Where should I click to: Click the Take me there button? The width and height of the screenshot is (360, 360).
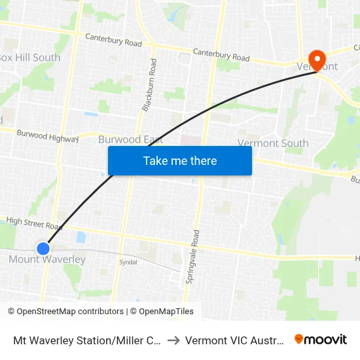point(179,161)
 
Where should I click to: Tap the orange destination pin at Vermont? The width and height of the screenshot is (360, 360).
point(316,61)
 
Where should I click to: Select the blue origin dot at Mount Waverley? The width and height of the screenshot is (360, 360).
point(43,249)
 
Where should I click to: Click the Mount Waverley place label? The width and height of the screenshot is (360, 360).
point(47,260)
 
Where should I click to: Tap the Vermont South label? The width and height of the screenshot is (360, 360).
point(273,143)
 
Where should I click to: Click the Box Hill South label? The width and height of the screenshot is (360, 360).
point(30,58)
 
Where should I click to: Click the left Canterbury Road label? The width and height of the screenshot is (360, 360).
point(113,40)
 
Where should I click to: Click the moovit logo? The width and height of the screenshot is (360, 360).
point(320,340)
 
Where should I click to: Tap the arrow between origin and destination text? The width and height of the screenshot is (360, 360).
point(173,340)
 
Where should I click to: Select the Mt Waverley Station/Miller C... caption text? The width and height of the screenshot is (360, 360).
point(88,340)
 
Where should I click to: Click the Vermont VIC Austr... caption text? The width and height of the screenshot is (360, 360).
point(235,340)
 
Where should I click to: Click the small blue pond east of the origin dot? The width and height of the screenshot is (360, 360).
point(81,238)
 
